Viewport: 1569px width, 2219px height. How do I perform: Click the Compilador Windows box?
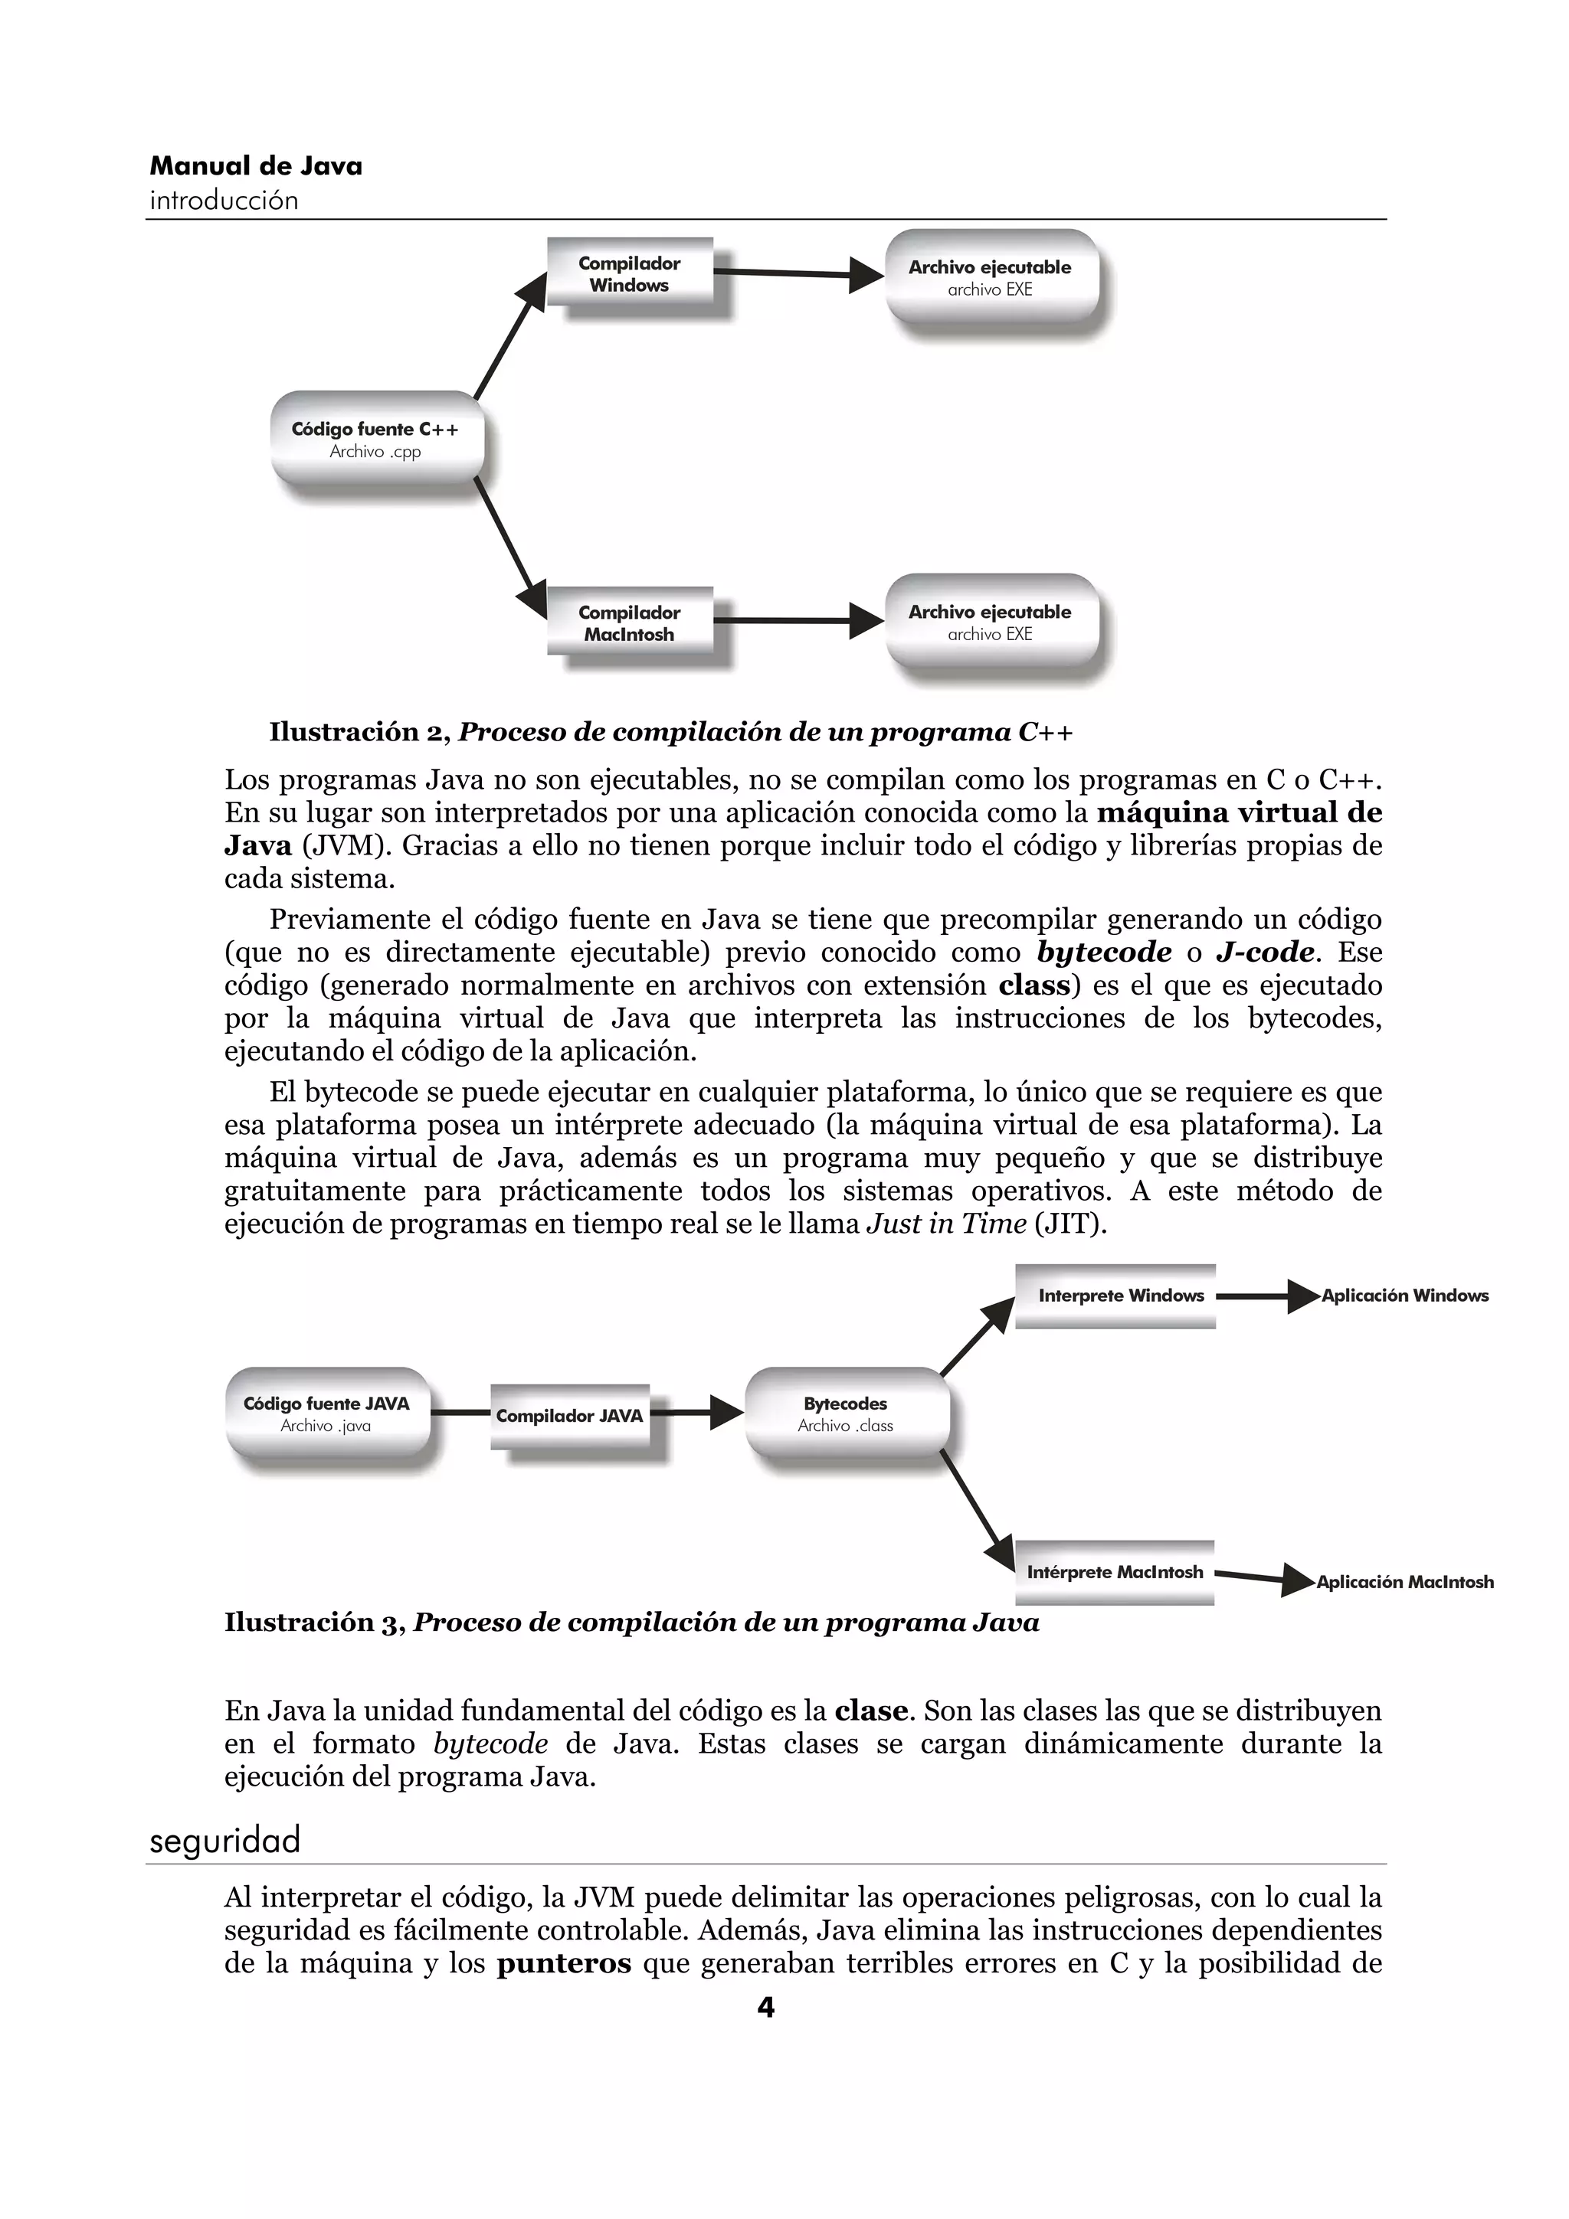pyautogui.click(x=629, y=274)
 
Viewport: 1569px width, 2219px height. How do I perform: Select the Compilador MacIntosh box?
pyautogui.click(x=629, y=623)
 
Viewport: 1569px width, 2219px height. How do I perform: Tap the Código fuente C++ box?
pyautogui.click(x=376, y=439)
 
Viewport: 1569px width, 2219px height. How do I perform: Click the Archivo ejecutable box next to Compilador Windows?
pyautogui.click(x=990, y=277)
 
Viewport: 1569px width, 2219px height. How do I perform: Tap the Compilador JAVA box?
pyautogui.click(x=569, y=1416)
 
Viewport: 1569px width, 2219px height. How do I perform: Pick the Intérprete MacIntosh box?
pyautogui.click(x=1115, y=1573)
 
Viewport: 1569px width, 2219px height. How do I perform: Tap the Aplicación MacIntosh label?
pyautogui.click(x=1404, y=1582)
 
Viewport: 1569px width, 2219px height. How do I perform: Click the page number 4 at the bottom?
pyautogui.click(x=765, y=2008)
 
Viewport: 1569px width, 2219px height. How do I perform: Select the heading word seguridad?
pyautogui.click(x=225, y=1839)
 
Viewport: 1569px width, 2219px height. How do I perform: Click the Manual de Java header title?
pyautogui.click(x=256, y=166)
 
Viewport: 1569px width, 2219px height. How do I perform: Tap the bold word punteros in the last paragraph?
pyautogui.click(x=564, y=1963)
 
